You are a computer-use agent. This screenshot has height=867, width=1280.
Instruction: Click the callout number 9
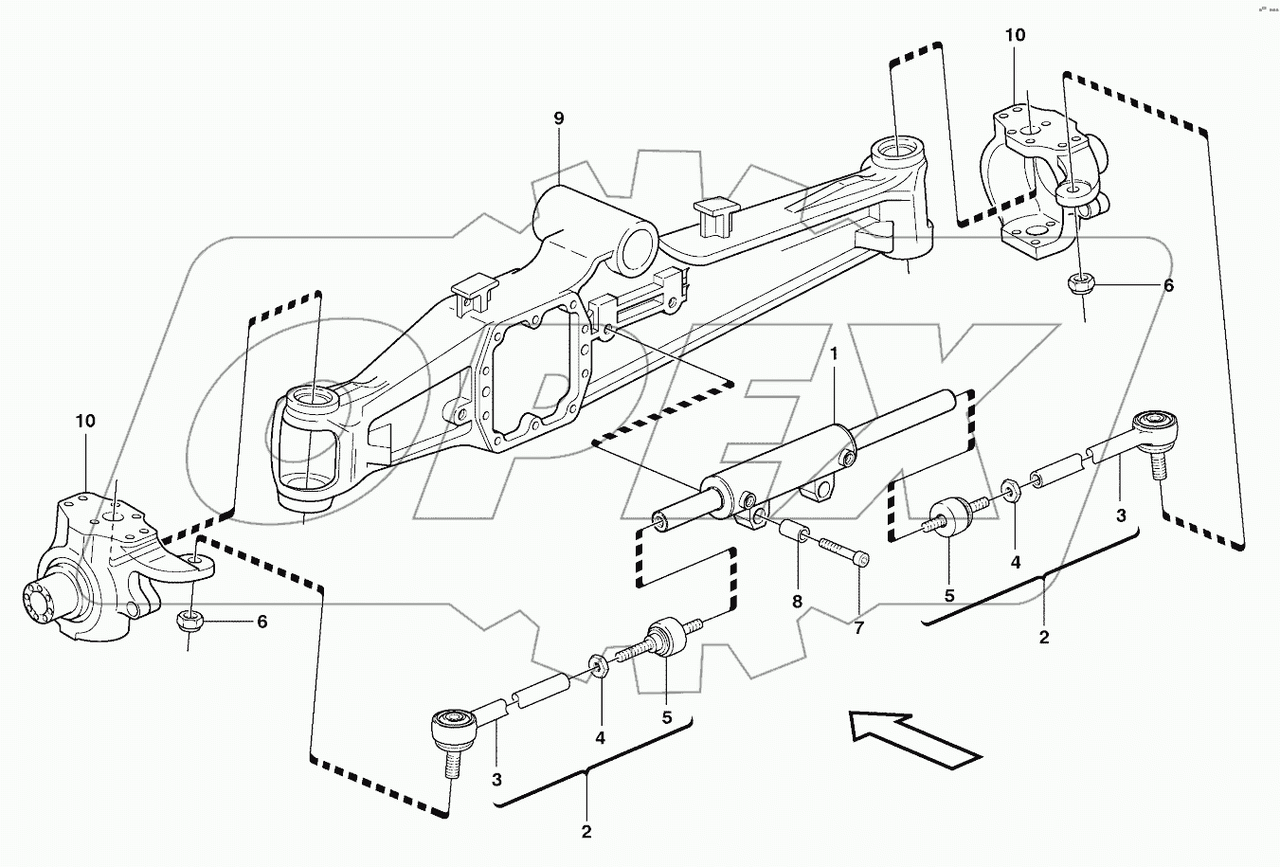[558, 118]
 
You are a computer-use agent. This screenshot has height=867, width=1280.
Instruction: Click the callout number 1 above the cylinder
[834, 353]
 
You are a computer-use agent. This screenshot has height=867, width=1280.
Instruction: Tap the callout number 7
[858, 626]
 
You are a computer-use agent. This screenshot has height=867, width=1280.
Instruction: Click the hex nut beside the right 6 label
[1079, 282]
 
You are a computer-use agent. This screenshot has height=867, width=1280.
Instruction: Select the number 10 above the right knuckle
[1015, 36]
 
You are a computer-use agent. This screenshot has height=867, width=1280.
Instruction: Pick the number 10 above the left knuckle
[85, 422]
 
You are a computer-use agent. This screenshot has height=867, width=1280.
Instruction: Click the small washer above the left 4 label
[600, 664]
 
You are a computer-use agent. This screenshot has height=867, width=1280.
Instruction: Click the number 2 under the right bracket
[1044, 638]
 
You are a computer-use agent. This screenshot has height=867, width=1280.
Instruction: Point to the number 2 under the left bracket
[586, 832]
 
